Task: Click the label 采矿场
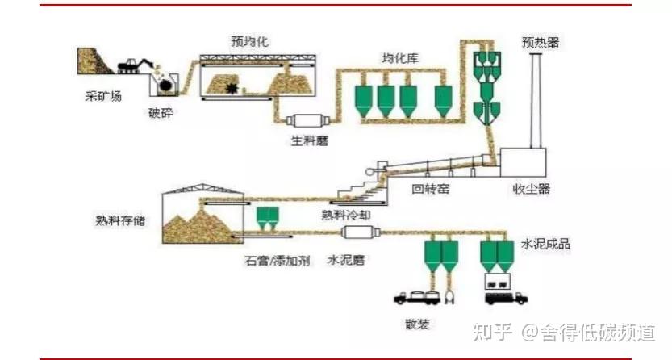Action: click(x=103, y=95)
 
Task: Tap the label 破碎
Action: click(x=161, y=113)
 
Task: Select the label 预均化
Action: click(x=250, y=42)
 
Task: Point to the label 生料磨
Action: click(x=310, y=140)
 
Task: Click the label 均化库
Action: click(x=400, y=58)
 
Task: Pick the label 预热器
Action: click(x=541, y=43)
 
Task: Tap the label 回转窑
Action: click(x=430, y=188)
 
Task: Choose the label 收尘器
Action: click(x=532, y=189)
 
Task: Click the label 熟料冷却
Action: click(x=346, y=214)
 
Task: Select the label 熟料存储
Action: click(x=120, y=220)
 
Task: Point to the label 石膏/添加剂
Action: click(x=278, y=260)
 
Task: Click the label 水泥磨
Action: click(x=346, y=260)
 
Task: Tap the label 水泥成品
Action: click(x=545, y=244)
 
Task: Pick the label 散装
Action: click(x=417, y=324)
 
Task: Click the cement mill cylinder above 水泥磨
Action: click(x=361, y=232)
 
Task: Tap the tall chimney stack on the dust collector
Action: click(x=536, y=101)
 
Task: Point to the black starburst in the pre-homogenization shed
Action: click(x=232, y=88)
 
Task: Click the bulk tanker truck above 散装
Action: click(x=417, y=297)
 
